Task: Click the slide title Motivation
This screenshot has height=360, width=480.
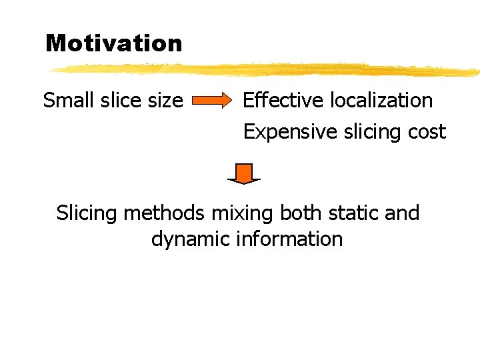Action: click(x=113, y=43)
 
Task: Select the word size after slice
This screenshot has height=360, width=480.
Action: click(x=167, y=101)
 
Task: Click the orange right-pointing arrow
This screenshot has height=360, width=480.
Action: click(x=213, y=101)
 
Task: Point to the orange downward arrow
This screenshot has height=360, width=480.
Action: click(x=244, y=173)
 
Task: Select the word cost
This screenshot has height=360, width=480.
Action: click(x=426, y=132)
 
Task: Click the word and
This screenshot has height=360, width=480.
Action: click(x=403, y=213)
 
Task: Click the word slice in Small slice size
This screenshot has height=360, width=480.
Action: click(x=123, y=101)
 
